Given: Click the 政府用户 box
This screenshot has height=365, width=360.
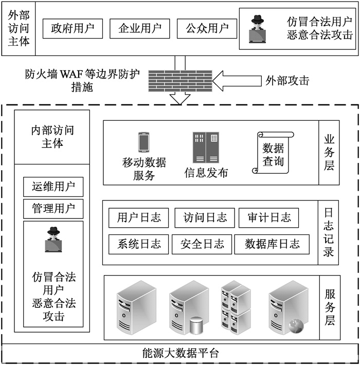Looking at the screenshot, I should tap(73, 29).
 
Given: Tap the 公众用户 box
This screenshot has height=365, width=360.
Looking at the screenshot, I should tap(207, 29).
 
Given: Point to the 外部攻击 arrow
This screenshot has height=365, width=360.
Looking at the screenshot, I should tap(237, 80).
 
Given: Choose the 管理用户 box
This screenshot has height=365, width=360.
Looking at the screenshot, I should tap(53, 209).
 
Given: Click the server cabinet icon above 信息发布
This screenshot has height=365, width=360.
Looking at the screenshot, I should tap(206, 148).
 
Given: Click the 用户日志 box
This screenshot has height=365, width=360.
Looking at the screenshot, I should tap(139, 217).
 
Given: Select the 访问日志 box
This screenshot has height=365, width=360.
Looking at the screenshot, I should tap(205, 217).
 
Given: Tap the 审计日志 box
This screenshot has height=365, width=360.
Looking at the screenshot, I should tap(269, 217).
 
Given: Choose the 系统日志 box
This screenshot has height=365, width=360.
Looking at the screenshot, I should tap(138, 244).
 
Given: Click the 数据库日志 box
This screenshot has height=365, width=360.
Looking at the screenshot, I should tap(272, 244).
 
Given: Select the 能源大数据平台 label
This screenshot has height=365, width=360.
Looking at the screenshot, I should tap(180, 353).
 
